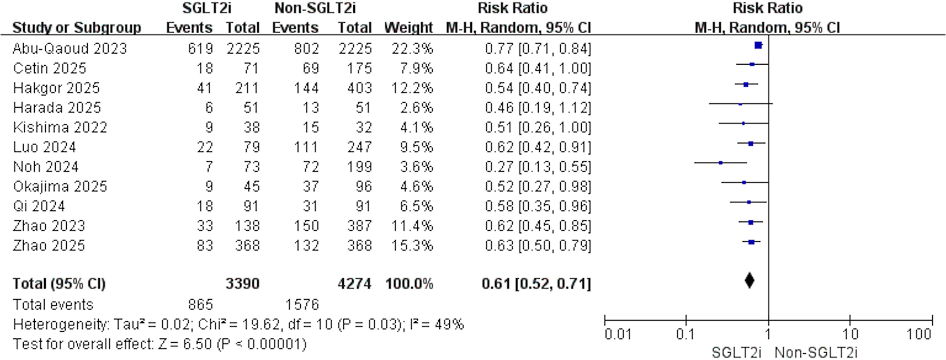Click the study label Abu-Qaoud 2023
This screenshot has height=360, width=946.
point(70,49)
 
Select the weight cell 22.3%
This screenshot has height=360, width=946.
point(412,49)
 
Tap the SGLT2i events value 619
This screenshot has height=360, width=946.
point(200,49)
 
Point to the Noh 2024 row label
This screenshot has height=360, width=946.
point(46,167)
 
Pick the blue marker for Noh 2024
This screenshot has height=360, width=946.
point(721,163)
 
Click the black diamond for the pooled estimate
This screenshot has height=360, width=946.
point(749,281)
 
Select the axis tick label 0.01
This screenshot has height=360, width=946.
point(618,334)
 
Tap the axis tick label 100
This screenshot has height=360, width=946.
point(918,334)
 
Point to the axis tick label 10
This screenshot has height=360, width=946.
point(850,334)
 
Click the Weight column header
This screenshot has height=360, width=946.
point(408,27)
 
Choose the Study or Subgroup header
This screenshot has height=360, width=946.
point(77,27)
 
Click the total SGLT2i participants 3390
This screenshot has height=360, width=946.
point(242,284)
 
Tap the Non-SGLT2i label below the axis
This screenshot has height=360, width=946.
point(816,352)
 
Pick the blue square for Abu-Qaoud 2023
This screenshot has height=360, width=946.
point(758,46)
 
